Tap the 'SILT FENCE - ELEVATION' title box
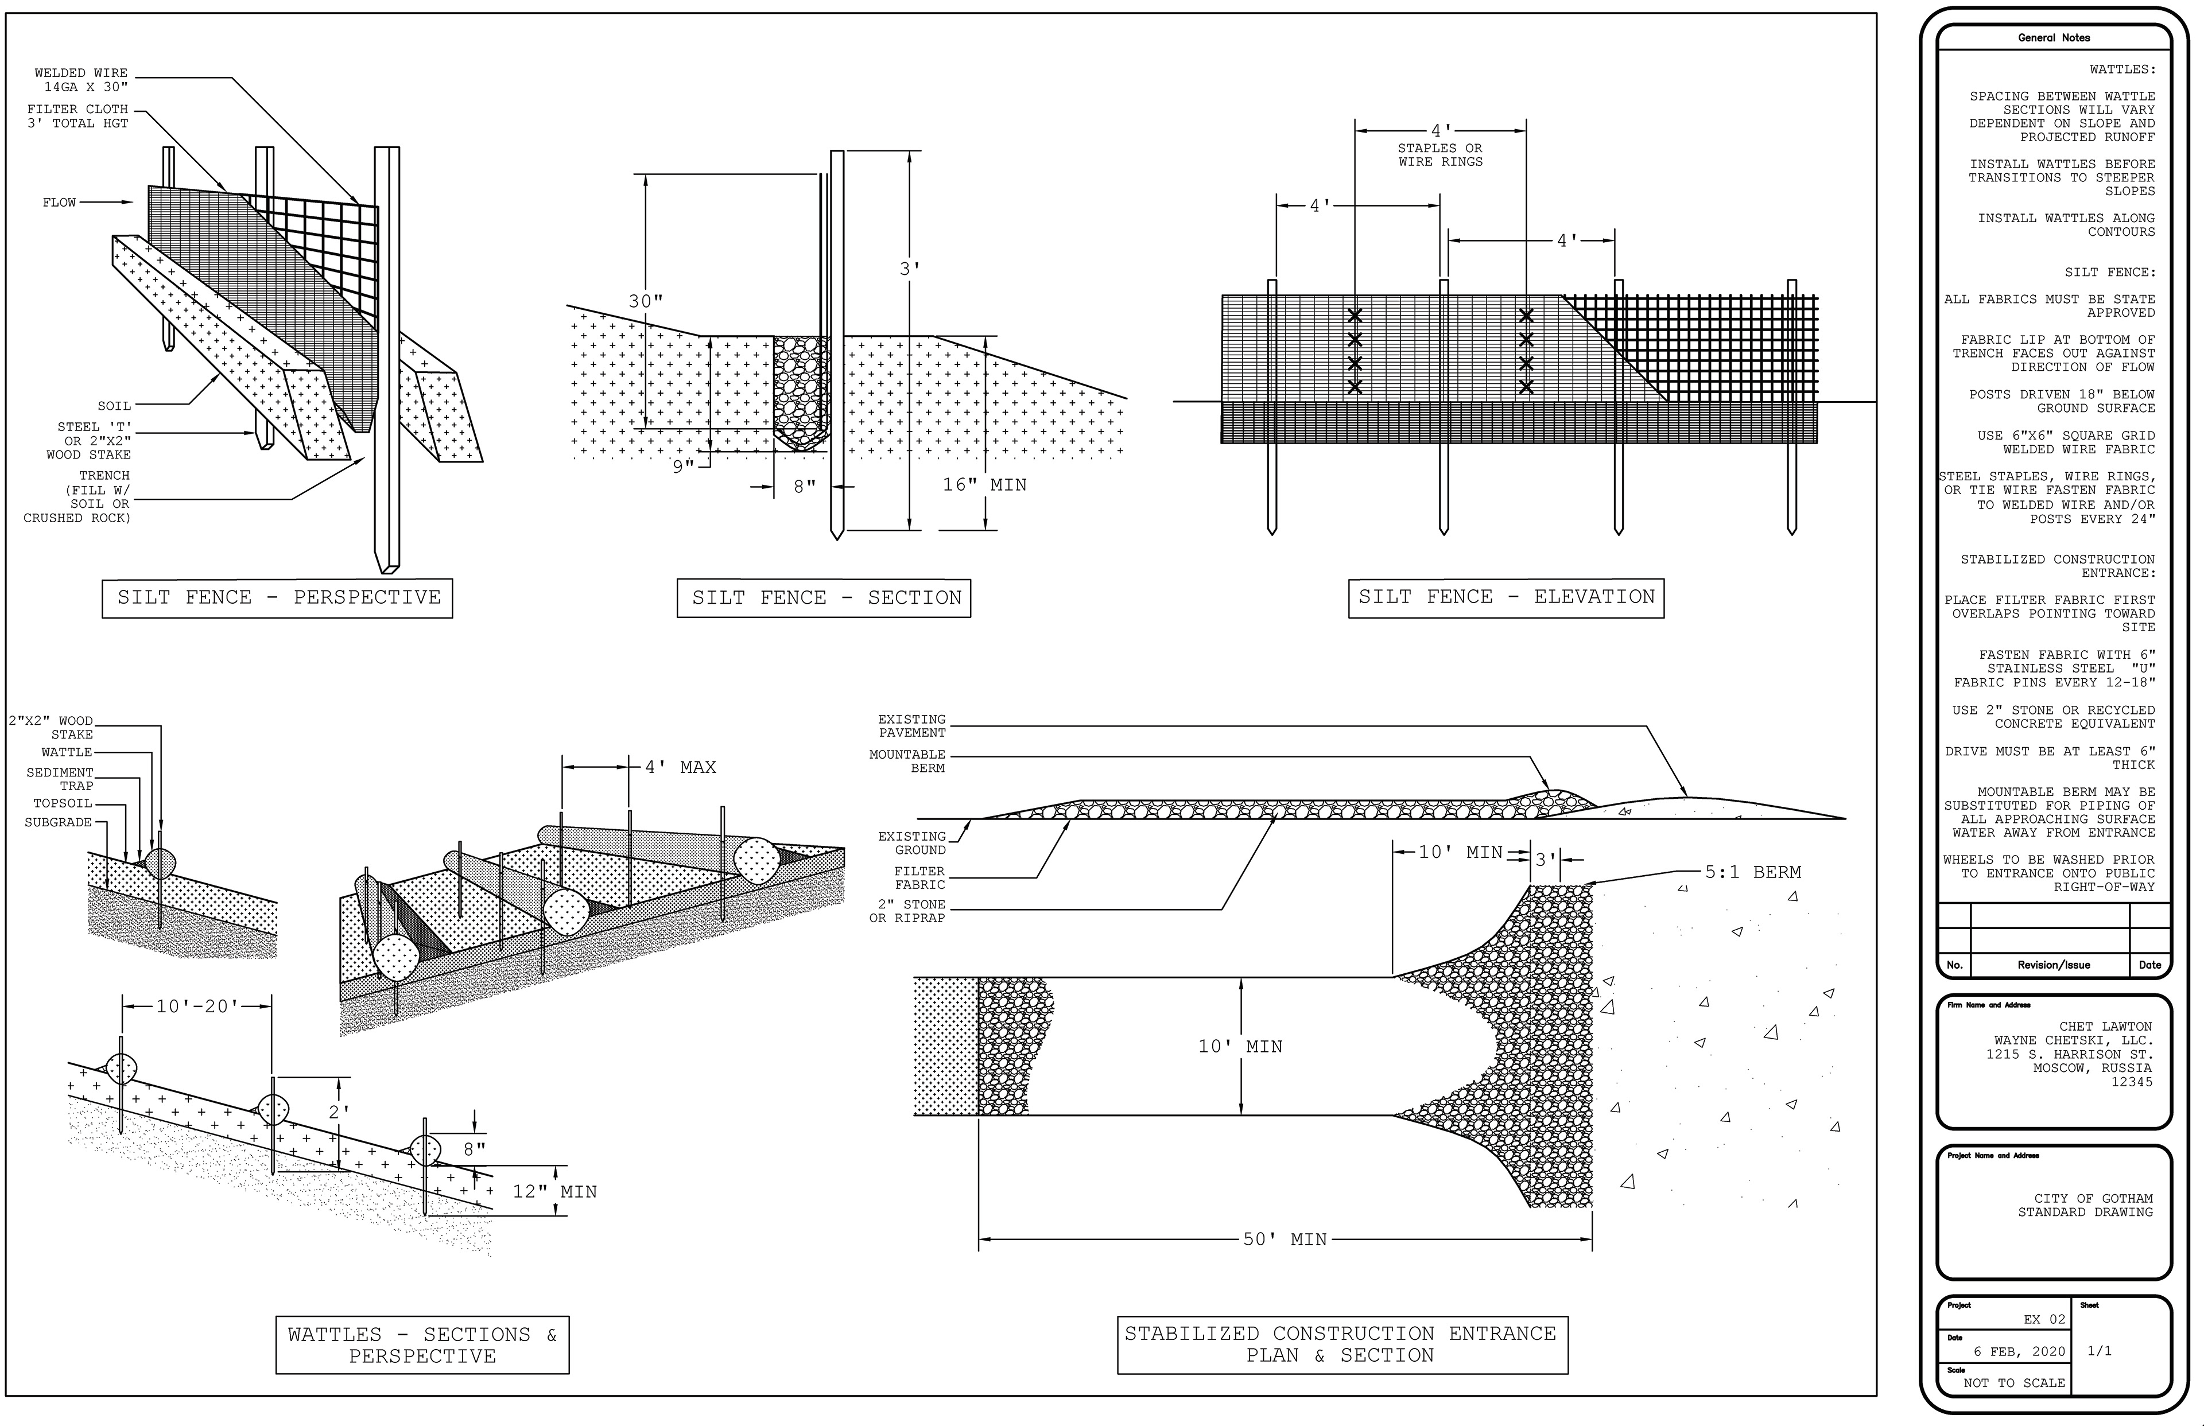coord(1505,597)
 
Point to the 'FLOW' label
coord(59,203)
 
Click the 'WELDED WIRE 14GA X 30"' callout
coord(82,80)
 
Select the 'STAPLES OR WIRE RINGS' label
coord(1440,154)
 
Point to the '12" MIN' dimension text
coord(554,1192)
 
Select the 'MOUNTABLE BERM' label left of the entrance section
coord(907,761)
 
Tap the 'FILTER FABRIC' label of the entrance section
coord(919,878)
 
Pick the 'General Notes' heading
coord(2054,38)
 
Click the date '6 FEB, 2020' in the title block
coord(2019,1352)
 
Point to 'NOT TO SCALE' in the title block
coord(2014,1384)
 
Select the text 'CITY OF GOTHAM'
coord(2093,1198)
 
